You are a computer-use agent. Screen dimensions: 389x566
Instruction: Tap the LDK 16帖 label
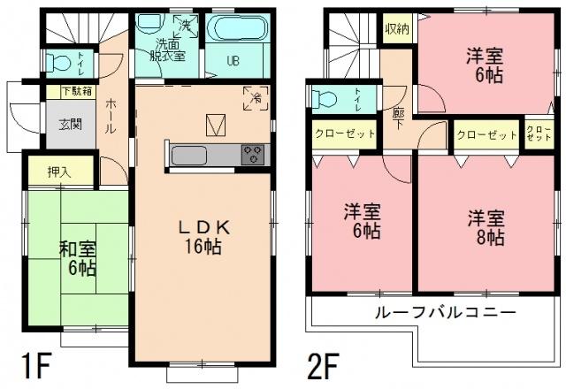[x=207, y=235]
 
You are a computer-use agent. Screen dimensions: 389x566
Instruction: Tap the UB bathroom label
[x=234, y=61]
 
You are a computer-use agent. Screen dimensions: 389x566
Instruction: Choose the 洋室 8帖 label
[x=486, y=227]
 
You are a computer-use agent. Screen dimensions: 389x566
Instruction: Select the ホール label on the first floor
[x=111, y=115]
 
